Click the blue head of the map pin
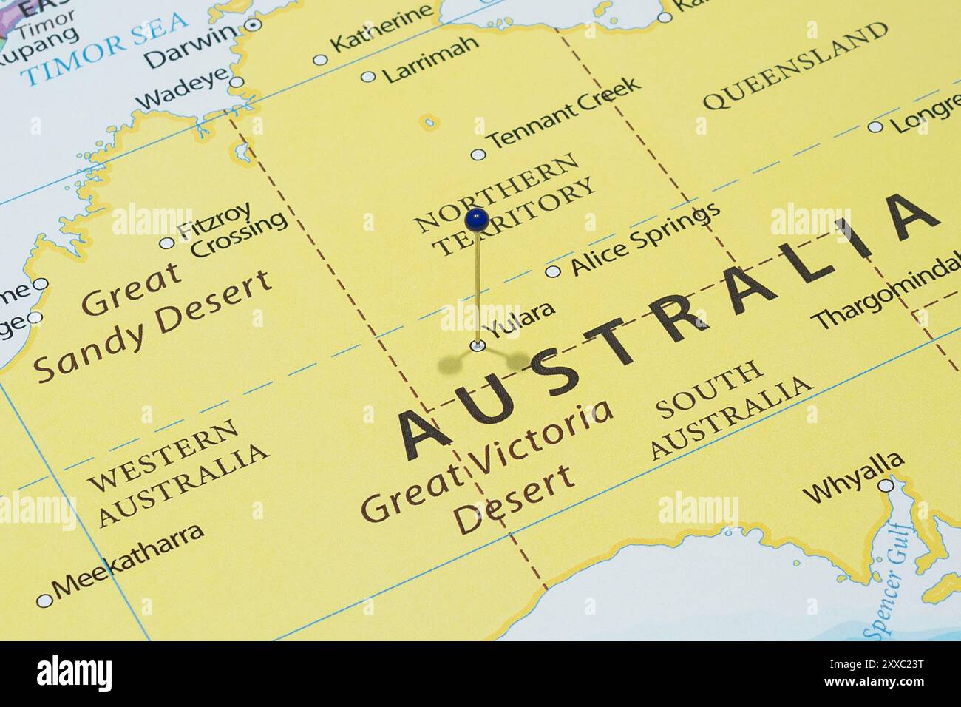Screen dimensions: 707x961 tap(477, 219)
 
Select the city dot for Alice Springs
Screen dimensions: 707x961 tap(552, 271)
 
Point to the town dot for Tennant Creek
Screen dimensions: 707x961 tap(478, 155)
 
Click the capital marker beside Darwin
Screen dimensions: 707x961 tap(253, 24)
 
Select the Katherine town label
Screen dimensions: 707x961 tap(381, 28)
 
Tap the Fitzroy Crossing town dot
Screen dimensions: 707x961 tap(167, 243)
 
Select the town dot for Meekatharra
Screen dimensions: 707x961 tap(44, 601)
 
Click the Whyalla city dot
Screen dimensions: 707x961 tap(886, 486)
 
